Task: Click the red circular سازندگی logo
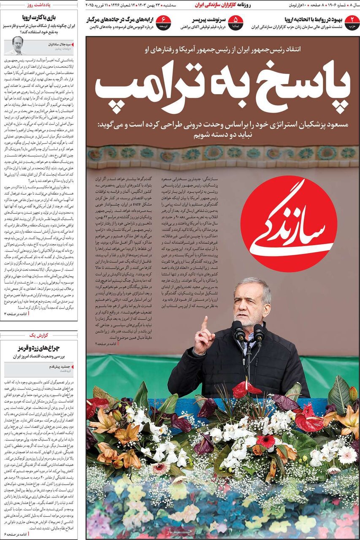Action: (x=289, y=224)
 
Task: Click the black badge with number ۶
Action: (x=163, y=22)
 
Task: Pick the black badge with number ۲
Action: (x=352, y=22)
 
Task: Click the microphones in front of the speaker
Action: (x=248, y=331)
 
